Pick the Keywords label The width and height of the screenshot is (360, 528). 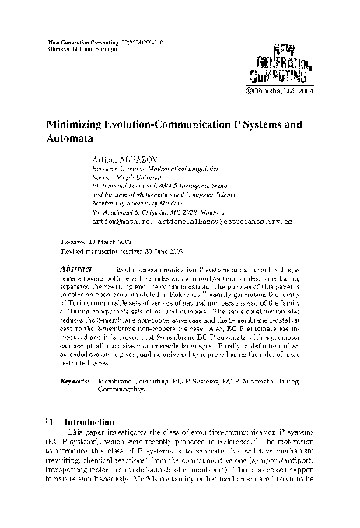[x=75, y=383]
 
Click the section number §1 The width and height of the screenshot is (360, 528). [x=50, y=421]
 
